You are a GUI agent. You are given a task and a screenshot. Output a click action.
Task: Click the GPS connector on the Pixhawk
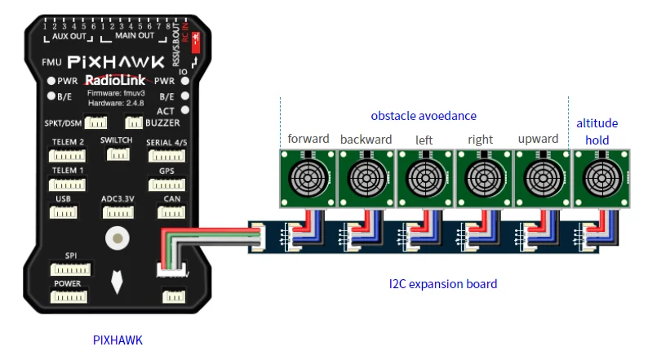tap(166, 184)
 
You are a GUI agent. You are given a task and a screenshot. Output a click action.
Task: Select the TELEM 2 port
tap(69, 155)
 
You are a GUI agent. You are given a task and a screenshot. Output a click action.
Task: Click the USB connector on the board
tap(64, 212)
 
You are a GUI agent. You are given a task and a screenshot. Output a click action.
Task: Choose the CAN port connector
tap(171, 212)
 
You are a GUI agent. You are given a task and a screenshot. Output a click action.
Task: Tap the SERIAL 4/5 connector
tap(166, 155)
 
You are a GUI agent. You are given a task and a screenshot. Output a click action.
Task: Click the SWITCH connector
tap(115, 153)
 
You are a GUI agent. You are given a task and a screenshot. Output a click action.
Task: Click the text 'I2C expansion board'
tap(442, 284)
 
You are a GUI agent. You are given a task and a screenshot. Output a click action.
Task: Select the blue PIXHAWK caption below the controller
tap(118, 339)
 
